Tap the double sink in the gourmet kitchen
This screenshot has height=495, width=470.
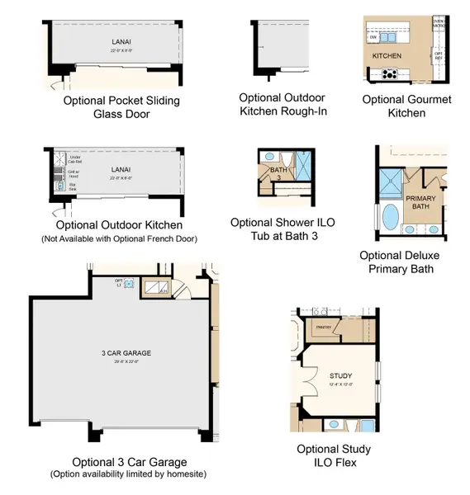pyautogui.click(x=389, y=37)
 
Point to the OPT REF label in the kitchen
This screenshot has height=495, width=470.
pyautogui.click(x=438, y=55)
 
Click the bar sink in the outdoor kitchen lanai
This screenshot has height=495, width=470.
pyautogui.click(x=60, y=187)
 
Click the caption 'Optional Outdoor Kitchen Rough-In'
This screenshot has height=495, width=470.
pyautogui.click(x=282, y=104)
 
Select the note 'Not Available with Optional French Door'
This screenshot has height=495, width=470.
pyautogui.click(x=118, y=238)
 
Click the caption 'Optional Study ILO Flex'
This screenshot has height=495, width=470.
pyautogui.click(x=334, y=456)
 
